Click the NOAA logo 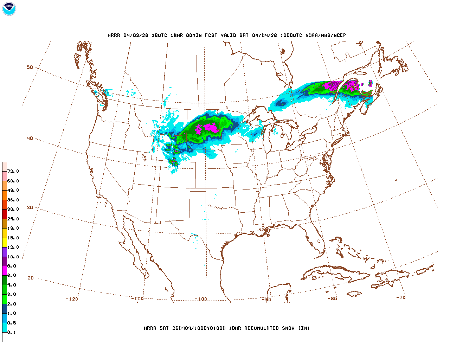pyautogui.click(x=9, y=9)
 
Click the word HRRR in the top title pyautogui.click(x=114, y=35)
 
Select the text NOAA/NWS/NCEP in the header pyautogui.click(x=326, y=35)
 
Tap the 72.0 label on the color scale pyautogui.click(x=13, y=171)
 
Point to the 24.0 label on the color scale pyautogui.click(x=13, y=219)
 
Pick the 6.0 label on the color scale pyautogui.click(x=12, y=275)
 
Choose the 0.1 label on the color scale pyautogui.click(x=12, y=332)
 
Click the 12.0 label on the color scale pyautogui.click(x=13, y=247)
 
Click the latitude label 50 pyautogui.click(x=30, y=67)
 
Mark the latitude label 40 pyautogui.click(x=30, y=138)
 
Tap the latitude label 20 pyautogui.click(x=31, y=278)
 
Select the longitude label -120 pyautogui.click(x=72, y=299)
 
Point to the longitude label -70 pyautogui.click(x=400, y=297)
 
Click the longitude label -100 pyautogui.click(x=201, y=299)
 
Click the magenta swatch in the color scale pyautogui.click(x=5, y=271)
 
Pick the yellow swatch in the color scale pyautogui.click(x=5, y=242)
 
